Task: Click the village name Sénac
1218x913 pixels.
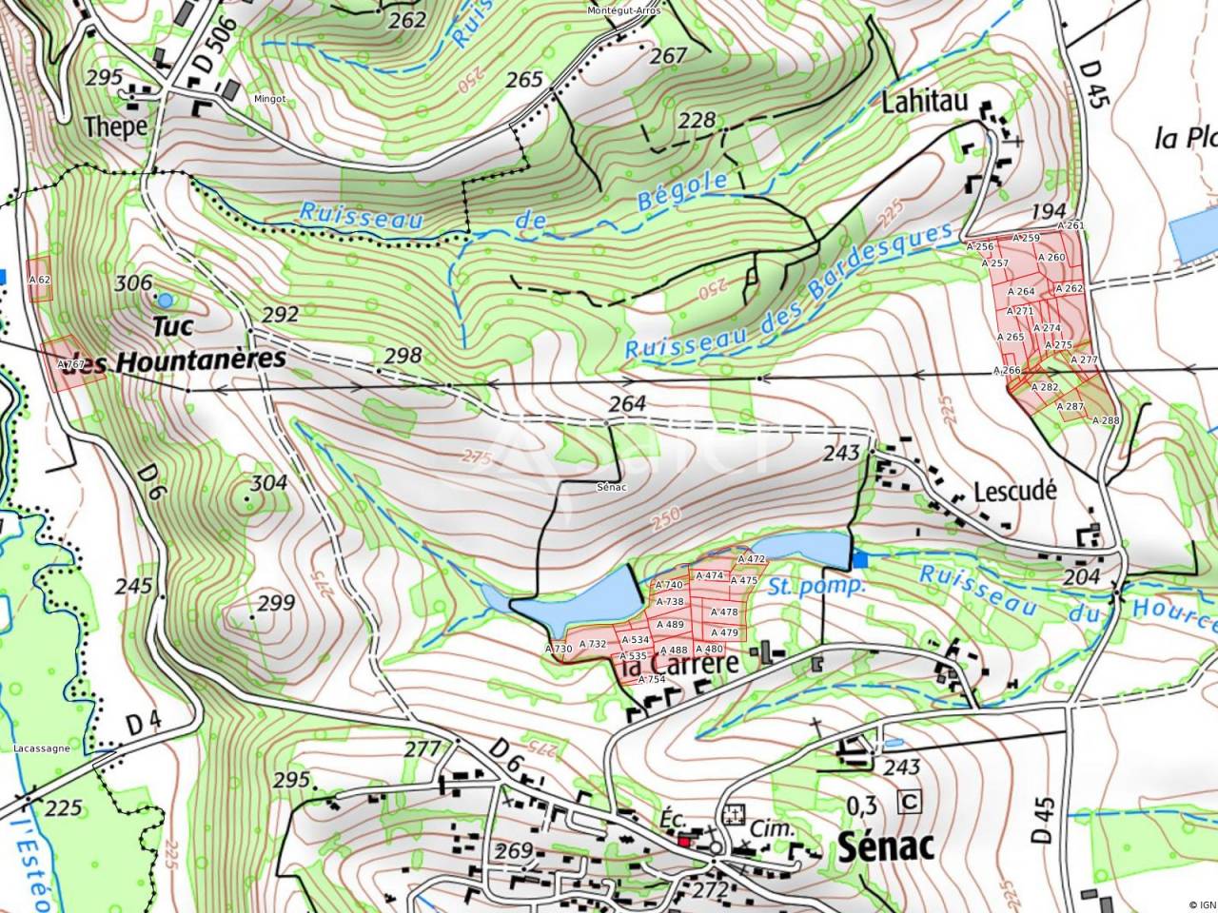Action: [x=887, y=845]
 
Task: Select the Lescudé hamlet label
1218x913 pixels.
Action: [x=1015, y=491]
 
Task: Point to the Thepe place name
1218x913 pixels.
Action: [x=115, y=126]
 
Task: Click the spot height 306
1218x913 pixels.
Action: [x=133, y=282]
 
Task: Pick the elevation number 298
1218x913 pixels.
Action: [x=401, y=355]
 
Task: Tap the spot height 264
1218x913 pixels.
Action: [x=628, y=404]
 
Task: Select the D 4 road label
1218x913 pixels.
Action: [x=143, y=723]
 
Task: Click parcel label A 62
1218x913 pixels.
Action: [x=39, y=281]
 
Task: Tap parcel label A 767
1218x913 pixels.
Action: [x=71, y=364]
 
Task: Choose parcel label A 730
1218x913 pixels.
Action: [x=559, y=649]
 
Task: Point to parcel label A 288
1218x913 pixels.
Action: [x=1105, y=419]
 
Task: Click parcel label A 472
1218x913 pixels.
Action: [x=752, y=559]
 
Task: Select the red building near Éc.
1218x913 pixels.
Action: [x=685, y=841]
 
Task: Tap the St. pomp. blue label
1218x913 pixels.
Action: [x=816, y=585]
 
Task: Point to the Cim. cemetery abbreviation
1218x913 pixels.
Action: [x=771, y=828]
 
